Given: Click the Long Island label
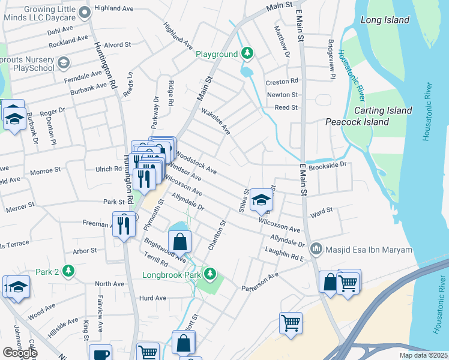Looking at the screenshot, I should coord(385,20).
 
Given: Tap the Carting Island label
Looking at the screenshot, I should coord(383,110).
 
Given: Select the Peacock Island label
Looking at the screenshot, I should coord(357,122).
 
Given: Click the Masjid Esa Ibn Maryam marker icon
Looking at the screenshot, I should coord(316,247).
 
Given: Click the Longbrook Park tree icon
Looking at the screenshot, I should coord(209,275).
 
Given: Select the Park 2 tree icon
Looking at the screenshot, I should coord(69,271).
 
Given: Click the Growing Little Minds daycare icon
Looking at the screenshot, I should coord(85,11).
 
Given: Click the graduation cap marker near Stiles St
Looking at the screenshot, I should coord(261,200).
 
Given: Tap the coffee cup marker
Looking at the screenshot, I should coord(100,353).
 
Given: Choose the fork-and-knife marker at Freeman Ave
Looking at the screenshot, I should coord(124,224).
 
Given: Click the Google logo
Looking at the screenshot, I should coord(20,353).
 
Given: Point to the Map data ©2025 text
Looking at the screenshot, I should coord(423,355).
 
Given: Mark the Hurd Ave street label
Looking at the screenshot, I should coord(152,298).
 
